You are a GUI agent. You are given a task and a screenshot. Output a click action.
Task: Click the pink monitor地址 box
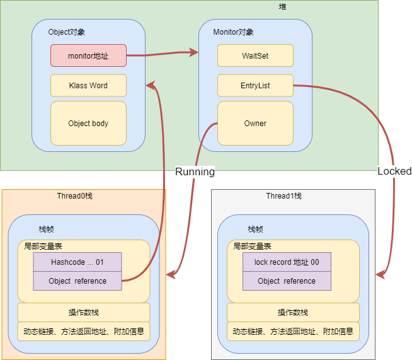88,55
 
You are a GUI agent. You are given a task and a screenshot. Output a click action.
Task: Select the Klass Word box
88,86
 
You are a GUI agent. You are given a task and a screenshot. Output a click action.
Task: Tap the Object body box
88,124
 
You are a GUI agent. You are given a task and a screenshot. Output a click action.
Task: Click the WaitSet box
255,55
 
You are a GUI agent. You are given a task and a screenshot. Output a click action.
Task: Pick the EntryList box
255,86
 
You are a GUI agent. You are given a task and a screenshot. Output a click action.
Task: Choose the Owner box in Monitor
255,124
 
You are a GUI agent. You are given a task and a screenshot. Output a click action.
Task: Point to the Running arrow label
195,171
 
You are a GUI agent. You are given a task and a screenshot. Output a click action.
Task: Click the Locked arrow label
394,171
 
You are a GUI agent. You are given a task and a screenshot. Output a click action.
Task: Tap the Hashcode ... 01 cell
77,262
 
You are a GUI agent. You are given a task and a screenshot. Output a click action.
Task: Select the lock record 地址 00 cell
287,262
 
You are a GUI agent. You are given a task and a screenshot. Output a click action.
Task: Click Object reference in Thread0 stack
77,281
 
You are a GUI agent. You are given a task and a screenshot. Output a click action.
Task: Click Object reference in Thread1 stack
287,281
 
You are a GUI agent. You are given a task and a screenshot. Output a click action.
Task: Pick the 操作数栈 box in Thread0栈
84,313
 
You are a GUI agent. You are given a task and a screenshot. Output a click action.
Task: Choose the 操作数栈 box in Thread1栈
293,313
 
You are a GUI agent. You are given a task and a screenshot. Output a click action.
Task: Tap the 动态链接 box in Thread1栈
293,331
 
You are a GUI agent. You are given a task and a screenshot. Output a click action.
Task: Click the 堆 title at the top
282,6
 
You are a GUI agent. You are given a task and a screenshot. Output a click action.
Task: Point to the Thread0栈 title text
74,196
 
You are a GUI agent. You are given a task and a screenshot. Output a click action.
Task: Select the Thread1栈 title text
283,196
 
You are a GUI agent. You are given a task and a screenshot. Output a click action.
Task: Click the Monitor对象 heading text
234,32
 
